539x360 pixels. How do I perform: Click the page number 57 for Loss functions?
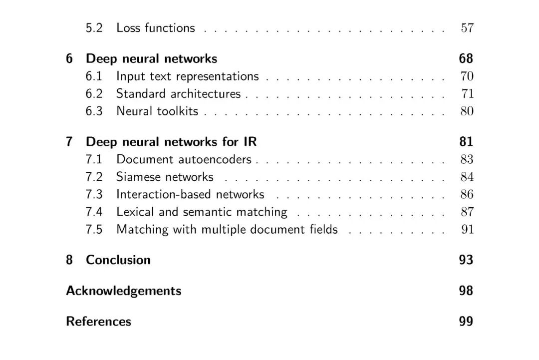click(467, 28)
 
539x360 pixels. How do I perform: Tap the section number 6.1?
click(94, 76)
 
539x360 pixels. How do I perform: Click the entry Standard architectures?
click(178, 94)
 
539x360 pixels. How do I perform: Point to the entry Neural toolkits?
click(157, 111)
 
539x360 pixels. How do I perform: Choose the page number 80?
click(467, 111)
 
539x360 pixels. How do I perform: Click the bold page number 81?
click(466, 142)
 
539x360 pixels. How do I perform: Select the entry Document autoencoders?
click(184, 160)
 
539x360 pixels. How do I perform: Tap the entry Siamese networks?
click(165, 177)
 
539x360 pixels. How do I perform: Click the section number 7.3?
click(94, 195)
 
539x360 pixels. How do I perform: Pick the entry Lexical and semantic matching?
click(202, 212)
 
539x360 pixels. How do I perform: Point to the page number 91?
click(467, 230)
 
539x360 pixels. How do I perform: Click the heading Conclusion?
click(118, 260)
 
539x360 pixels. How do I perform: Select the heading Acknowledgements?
click(123, 291)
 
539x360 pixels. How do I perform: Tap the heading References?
click(98, 321)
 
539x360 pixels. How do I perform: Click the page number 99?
click(466, 321)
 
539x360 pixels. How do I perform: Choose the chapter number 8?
click(69, 260)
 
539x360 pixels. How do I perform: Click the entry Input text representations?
click(187, 76)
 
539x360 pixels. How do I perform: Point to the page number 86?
click(467, 195)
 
